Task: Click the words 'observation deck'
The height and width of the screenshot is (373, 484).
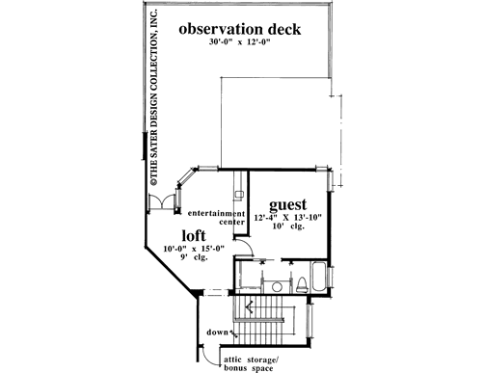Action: click(240, 29)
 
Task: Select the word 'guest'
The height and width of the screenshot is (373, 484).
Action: click(287, 205)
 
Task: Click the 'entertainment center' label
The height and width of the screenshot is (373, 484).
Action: click(216, 217)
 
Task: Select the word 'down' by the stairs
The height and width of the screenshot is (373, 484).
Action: click(217, 335)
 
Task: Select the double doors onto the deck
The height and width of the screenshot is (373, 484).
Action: click(162, 203)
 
